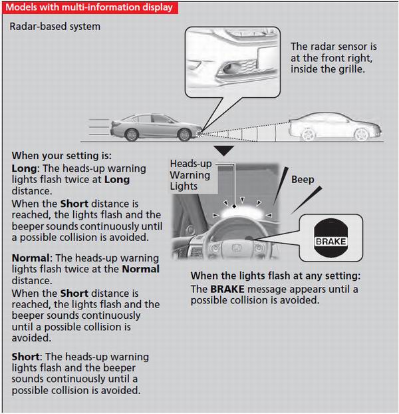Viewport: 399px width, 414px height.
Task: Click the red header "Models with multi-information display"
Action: click(x=90, y=8)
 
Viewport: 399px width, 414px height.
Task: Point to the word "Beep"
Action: click(x=303, y=180)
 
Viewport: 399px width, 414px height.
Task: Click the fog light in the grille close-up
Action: click(x=236, y=67)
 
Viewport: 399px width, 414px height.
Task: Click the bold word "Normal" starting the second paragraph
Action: click(x=31, y=258)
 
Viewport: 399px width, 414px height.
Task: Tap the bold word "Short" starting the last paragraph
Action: click(x=25, y=357)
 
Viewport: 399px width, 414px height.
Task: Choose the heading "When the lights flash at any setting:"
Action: click(x=275, y=276)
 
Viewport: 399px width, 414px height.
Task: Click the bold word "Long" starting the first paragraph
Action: click(x=24, y=168)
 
